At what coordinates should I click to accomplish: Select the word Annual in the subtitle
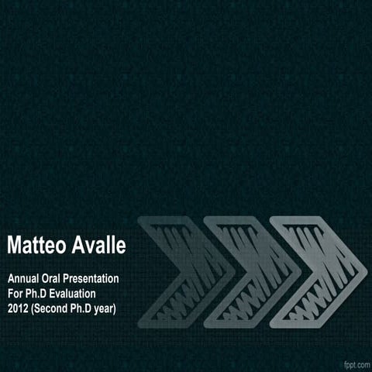click(x=23, y=278)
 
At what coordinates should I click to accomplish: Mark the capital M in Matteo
click(x=14, y=245)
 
